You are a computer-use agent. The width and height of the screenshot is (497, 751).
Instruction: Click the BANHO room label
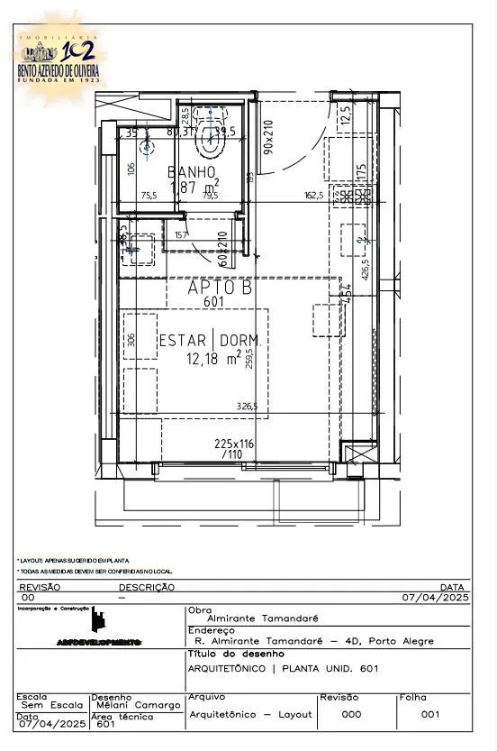pos(192,171)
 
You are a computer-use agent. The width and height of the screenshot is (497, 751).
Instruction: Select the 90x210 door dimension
pos(267,135)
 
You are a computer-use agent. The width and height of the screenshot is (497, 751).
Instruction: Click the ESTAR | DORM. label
pos(210,341)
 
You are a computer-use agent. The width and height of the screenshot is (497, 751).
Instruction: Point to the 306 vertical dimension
pos(131,339)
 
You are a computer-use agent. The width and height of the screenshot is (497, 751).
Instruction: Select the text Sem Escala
pos(46,705)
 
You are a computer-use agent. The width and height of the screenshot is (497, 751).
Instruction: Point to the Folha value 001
pos(430,714)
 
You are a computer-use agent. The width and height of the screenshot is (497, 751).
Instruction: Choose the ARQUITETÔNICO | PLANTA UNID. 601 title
pos(282,668)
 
